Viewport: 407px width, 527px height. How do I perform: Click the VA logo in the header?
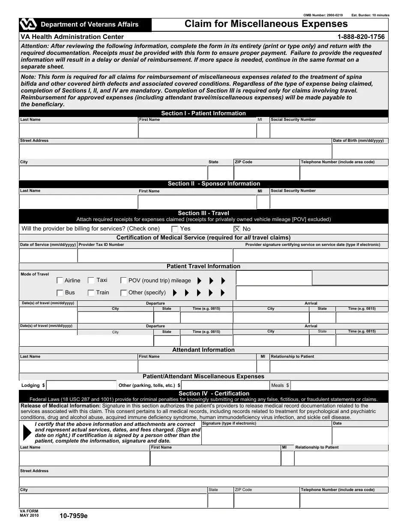pos(29,24)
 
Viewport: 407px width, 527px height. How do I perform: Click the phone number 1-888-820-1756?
pos(361,37)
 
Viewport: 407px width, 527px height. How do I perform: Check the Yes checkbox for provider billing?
pos(175,229)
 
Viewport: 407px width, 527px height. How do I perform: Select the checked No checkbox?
pos(237,229)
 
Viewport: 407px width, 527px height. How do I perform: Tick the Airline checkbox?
pos(60,281)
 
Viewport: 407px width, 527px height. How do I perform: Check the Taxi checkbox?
pos(91,280)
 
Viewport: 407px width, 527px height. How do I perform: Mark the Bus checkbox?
pos(60,293)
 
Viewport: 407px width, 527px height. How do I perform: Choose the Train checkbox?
pos(91,293)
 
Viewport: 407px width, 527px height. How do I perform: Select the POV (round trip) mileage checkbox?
pos(123,281)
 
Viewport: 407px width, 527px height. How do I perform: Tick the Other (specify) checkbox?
pos(123,293)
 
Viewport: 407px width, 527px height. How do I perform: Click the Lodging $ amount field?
pos(81,386)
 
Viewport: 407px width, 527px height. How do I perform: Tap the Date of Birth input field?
pos(360,151)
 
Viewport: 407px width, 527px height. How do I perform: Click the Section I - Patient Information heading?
pos(203,114)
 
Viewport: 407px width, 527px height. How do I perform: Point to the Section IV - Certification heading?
pos(214,393)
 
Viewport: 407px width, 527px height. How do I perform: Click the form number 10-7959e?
pos(71,516)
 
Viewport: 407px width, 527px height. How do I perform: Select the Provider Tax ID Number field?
pos(155,255)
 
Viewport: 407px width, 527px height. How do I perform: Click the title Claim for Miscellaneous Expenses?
pos(266,24)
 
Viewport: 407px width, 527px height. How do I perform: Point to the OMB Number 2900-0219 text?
pos(323,15)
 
